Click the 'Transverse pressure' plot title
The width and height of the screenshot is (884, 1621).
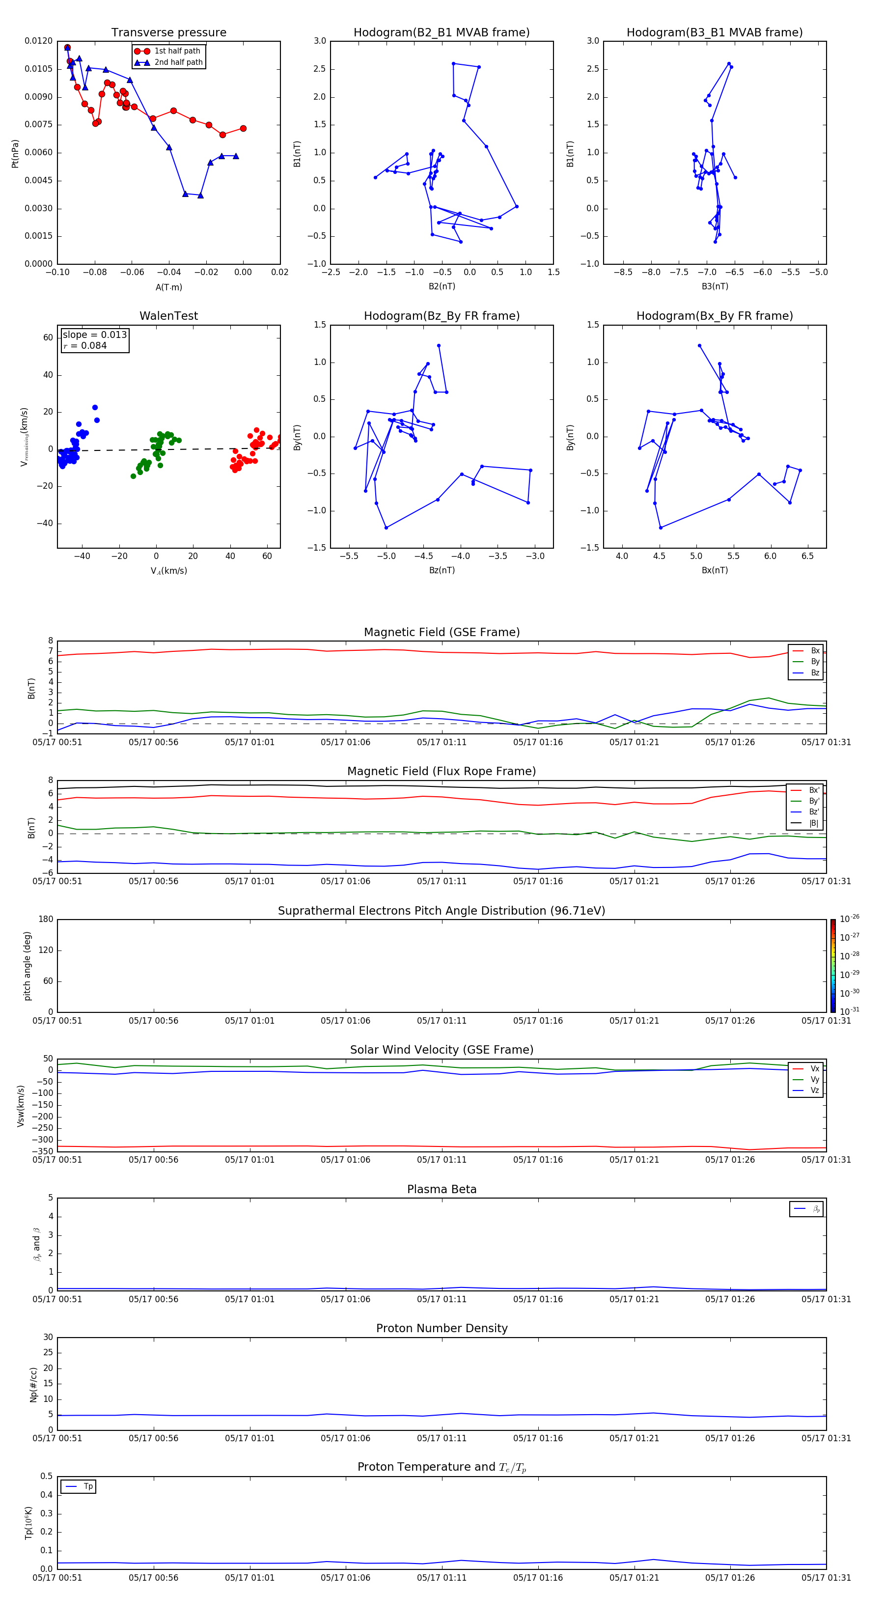tap(168, 33)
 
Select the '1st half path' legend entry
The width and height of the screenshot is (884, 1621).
tap(177, 51)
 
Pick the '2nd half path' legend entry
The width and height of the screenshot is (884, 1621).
tap(178, 62)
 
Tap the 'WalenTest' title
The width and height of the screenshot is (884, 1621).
tap(168, 316)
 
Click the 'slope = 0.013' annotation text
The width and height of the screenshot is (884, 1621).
tap(94, 335)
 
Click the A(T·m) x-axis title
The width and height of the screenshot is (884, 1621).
tap(168, 287)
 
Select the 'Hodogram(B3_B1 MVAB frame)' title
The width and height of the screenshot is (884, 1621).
tap(714, 33)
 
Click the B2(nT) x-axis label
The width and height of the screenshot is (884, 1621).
tap(442, 286)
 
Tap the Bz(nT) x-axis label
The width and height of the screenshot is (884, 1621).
tap(442, 570)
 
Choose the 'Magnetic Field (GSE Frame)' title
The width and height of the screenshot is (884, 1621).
tap(442, 632)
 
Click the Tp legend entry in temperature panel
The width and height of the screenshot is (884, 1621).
tap(87, 1486)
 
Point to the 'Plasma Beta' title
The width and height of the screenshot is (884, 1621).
tap(442, 1189)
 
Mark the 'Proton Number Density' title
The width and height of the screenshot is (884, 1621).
tap(442, 1328)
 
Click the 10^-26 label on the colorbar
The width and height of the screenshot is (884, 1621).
tap(850, 919)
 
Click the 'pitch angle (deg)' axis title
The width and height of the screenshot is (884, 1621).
tap(27, 966)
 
